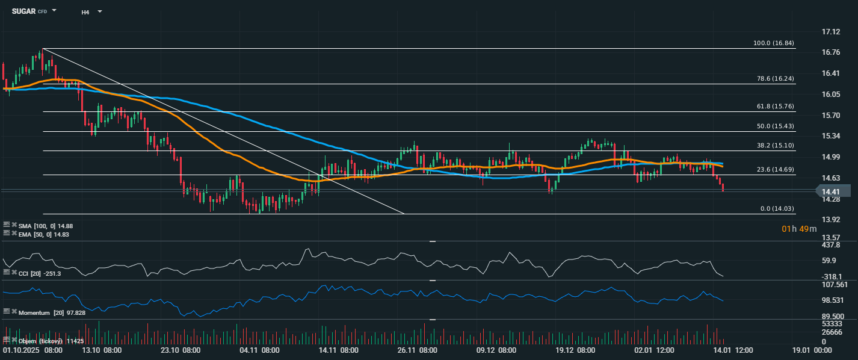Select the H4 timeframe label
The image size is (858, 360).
coord(85,11)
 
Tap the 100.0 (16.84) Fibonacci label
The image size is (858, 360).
coord(773,43)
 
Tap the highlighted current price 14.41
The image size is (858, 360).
coord(832,191)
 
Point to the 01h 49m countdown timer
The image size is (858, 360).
coord(799,229)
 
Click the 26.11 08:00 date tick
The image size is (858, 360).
coord(416,350)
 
